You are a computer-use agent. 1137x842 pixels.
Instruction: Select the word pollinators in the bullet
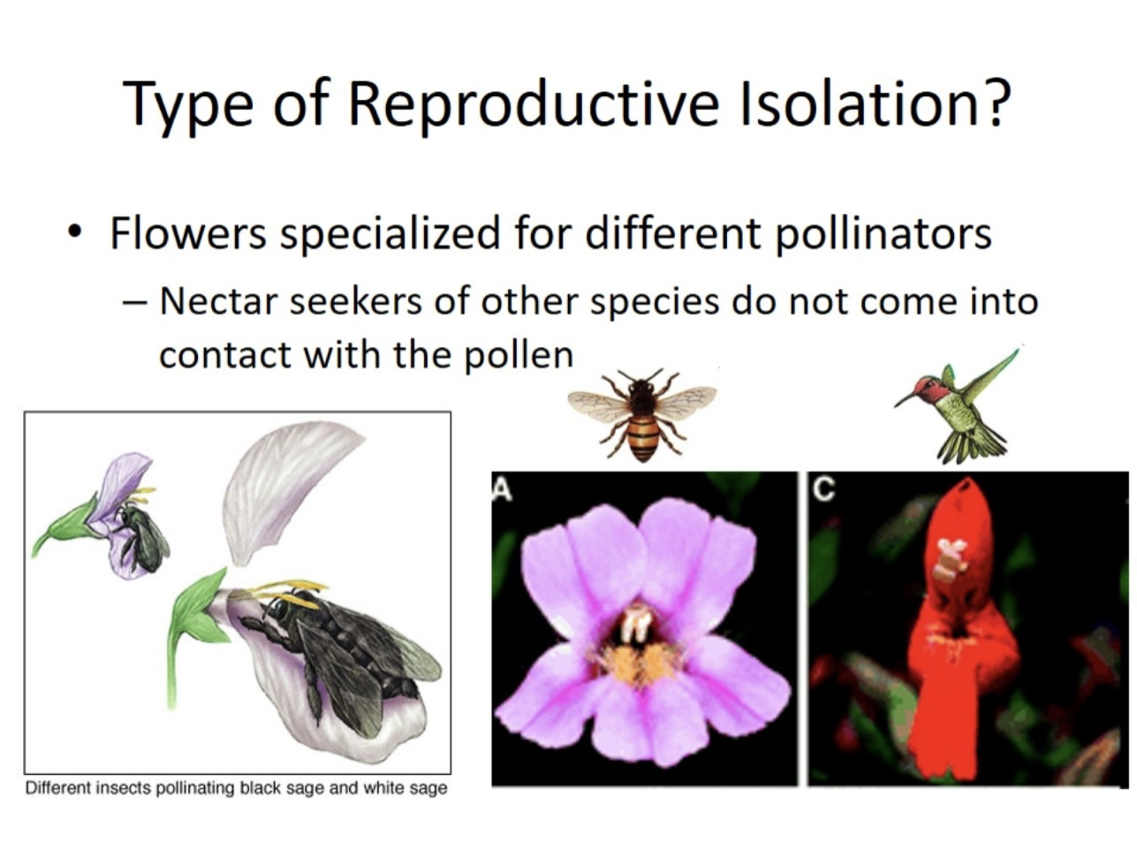click(883, 234)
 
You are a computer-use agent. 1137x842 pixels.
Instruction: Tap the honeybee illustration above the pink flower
click(642, 414)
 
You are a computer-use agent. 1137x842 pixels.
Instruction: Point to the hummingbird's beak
click(905, 400)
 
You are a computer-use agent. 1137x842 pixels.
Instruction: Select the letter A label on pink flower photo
click(503, 489)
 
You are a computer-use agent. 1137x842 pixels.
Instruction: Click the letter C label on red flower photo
click(822, 489)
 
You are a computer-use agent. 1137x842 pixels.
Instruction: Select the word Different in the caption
click(58, 787)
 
